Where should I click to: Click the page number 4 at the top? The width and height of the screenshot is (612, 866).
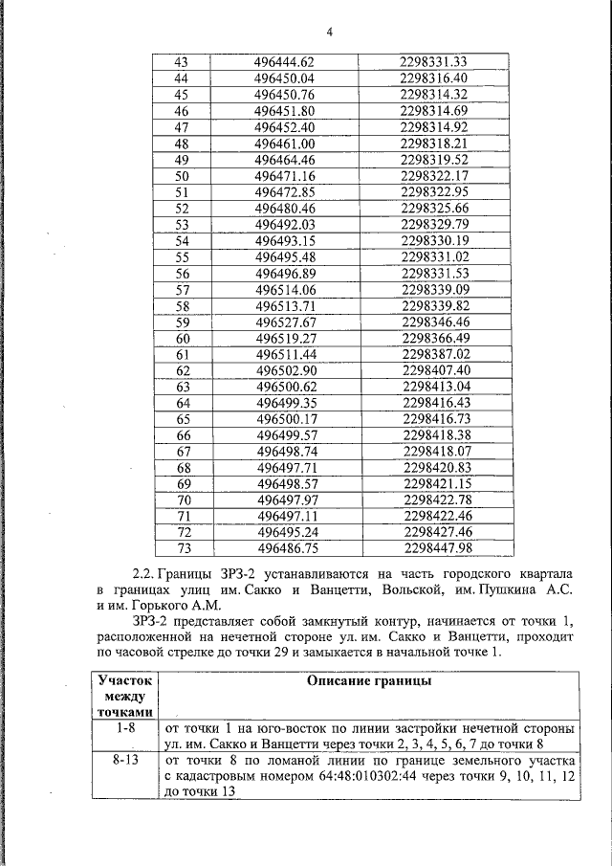328,33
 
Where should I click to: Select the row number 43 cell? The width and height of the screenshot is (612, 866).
182,62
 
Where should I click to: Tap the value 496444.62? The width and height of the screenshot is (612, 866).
284,62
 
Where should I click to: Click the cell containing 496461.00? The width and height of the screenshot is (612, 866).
285,144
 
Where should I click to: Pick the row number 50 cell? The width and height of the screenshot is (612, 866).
183,176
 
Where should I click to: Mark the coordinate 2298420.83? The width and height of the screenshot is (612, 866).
438,468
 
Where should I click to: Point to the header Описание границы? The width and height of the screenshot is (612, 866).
368,681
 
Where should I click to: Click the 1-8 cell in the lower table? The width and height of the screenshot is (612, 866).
126,728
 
